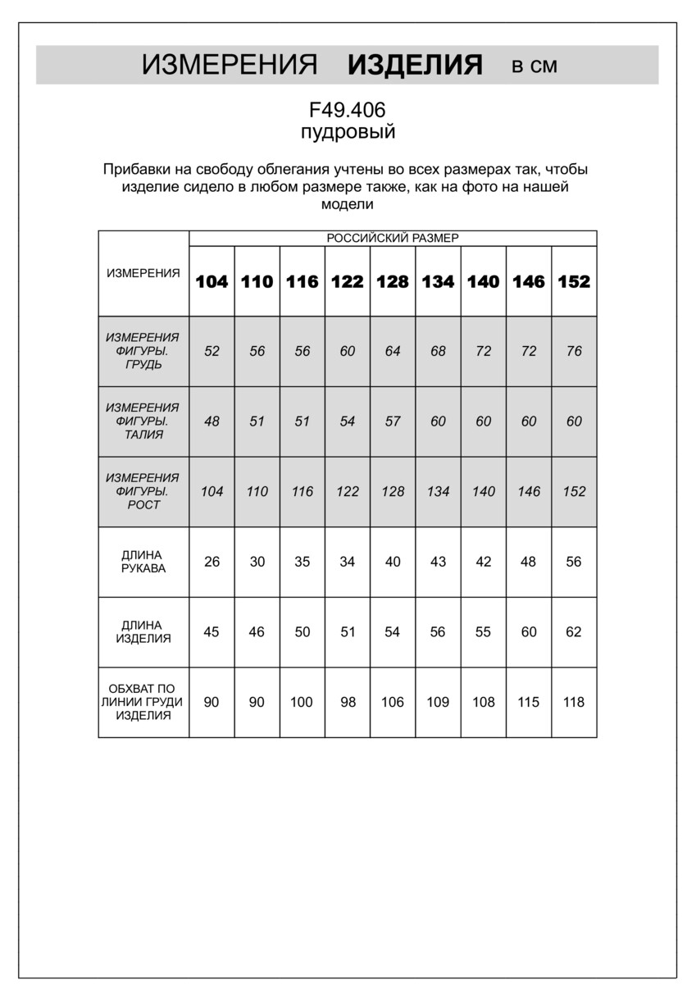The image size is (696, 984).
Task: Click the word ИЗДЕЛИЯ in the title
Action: click(415, 65)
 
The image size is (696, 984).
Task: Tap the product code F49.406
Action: click(347, 110)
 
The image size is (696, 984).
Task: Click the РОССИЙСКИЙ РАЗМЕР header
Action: click(393, 238)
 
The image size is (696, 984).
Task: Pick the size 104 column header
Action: click(212, 281)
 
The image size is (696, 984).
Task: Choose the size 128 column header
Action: click(393, 281)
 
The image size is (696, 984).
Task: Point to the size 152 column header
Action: click(574, 281)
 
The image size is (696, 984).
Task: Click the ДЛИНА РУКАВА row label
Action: click(143, 562)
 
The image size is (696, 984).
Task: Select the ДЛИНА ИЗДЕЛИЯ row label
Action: click(143, 632)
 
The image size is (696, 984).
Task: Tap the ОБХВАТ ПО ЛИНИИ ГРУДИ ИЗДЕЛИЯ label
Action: click(143, 702)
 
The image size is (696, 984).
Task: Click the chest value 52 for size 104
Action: click(212, 351)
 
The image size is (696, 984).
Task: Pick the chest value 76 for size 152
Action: click(574, 351)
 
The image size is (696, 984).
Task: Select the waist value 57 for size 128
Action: click(393, 421)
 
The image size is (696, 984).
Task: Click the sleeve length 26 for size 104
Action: click(212, 562)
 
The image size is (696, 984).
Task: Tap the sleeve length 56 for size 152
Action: click(574, 562)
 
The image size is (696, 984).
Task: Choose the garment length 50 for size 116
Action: click(302, 632)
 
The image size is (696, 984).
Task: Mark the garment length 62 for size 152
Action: click(574, 632)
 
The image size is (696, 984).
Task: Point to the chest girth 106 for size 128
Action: click(393, 702)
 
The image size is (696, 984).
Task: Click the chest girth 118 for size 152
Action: click(574, 702)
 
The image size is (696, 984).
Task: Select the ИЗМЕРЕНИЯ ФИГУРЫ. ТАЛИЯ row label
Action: click(143, 421)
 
